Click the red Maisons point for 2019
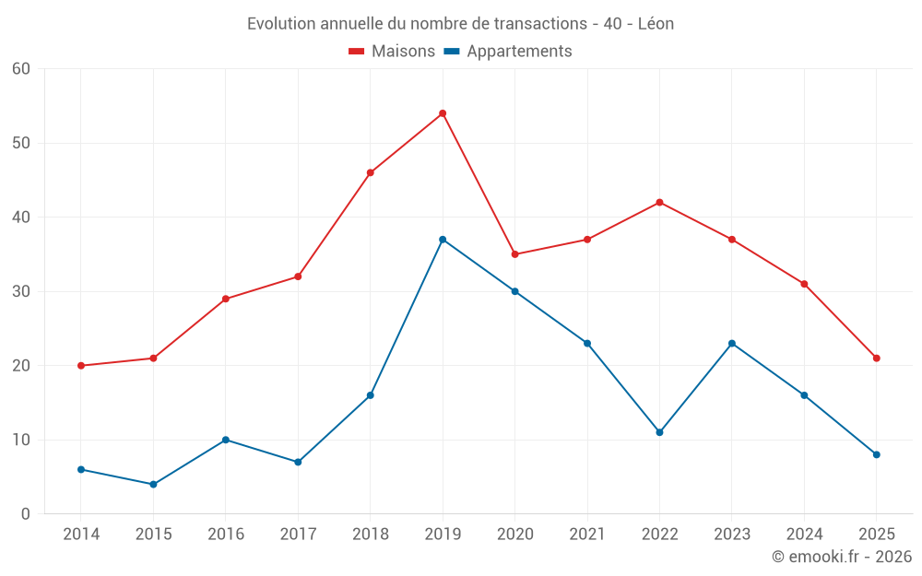[443, 113]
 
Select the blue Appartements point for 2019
[443, 240]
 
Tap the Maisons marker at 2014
[81, 366]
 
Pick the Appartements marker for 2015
[153, 484]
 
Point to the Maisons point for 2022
[659, 203]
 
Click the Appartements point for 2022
[659, 432]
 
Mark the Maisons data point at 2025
[876, 359]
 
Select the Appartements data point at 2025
[876, 454]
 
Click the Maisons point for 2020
[514, 254]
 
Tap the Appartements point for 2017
[298, 462]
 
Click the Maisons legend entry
[392, 52]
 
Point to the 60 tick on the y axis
[21, 69]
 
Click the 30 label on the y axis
[21, 291]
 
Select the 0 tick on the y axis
[26, 514]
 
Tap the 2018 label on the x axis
[370, 534]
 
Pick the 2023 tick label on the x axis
[731, 534]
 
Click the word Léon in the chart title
[656, 24]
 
